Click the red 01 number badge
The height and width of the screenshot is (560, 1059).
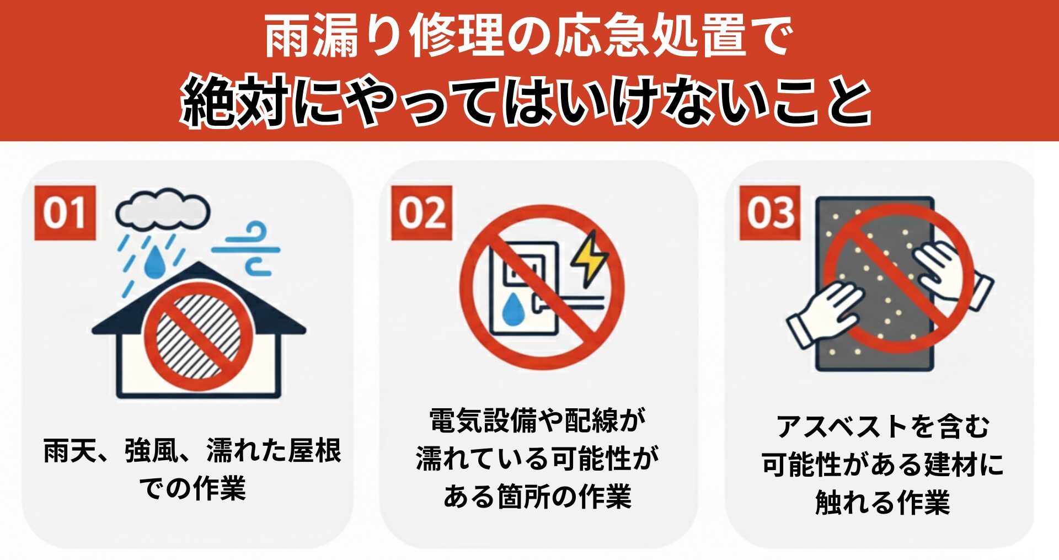click(x=65, y=213)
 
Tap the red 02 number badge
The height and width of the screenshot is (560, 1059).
click(x=421, y=213)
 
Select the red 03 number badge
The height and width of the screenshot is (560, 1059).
click(x=770, y=213)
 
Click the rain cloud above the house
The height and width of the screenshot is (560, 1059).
click(x=163, y=210)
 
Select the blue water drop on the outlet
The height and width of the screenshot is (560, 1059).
click(x=514, y=309)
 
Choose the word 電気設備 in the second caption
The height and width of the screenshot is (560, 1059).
click(x=483, y=420)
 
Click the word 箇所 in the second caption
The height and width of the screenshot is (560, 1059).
click(x=524, y=496)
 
